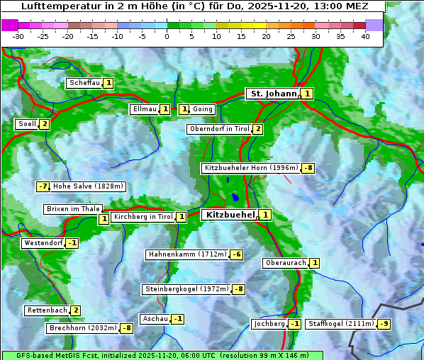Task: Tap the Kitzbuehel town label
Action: tap(229, 214)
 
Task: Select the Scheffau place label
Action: tap(84, 83)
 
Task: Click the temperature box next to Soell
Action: tap(44, 124)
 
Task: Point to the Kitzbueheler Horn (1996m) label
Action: tap(251, 168)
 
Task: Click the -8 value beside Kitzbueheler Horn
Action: tap(308, 169)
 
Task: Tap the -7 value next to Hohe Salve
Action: tap(43, 186)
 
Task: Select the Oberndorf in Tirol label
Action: tap(219, 129)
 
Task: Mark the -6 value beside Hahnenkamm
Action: tap(237, 254)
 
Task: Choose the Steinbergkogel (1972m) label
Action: tap(186, 289)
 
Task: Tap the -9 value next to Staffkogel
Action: tap(384, 324)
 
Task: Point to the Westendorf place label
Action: tap(43, 243)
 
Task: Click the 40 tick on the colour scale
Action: tap(365, 36)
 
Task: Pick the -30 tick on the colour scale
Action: tap(18, 36)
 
